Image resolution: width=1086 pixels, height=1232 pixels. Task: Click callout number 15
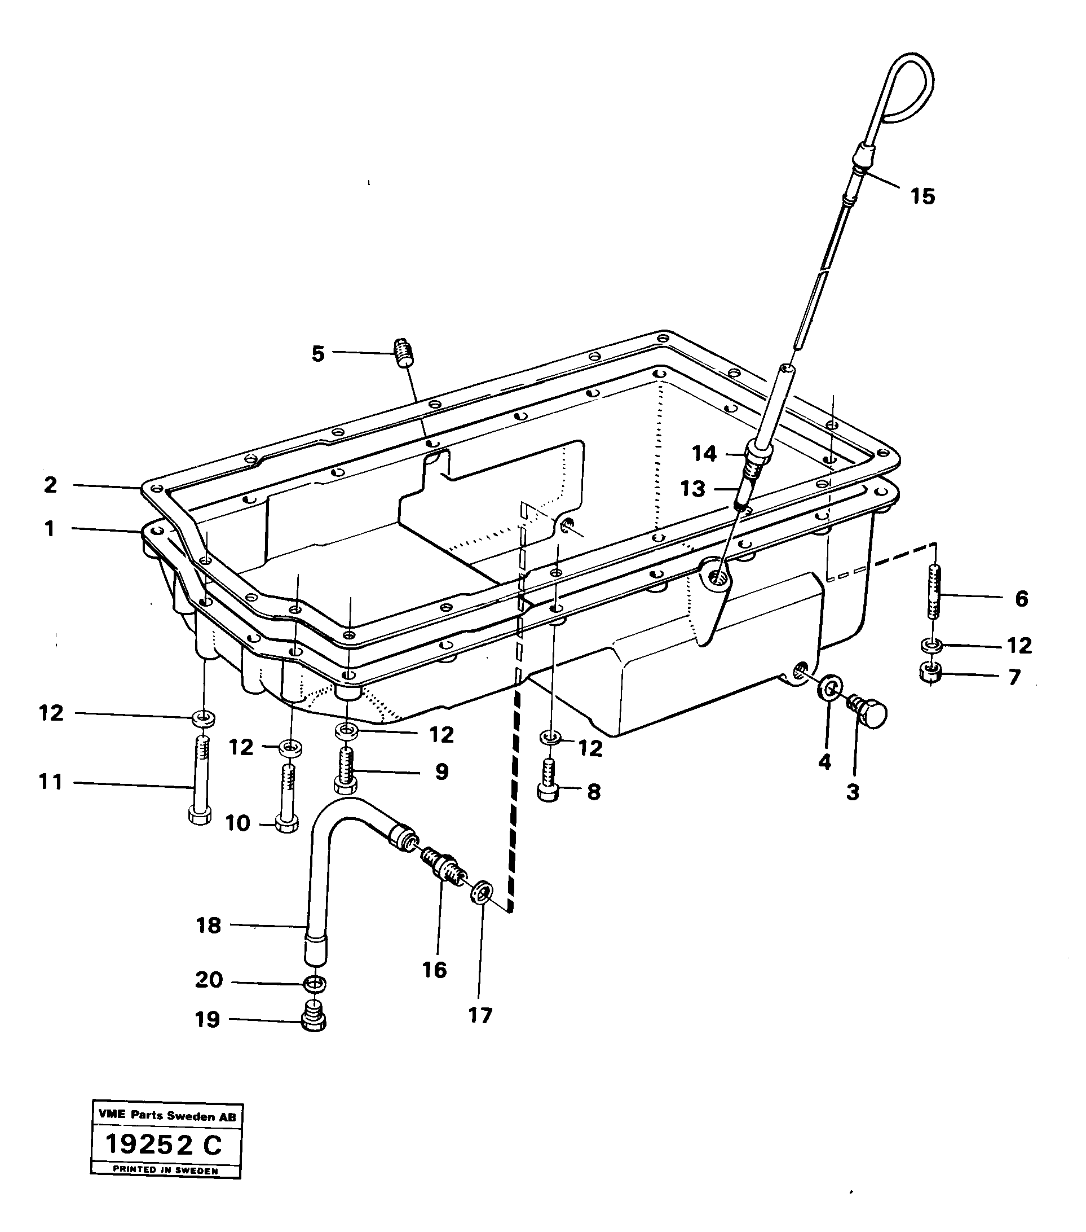pos(922,196)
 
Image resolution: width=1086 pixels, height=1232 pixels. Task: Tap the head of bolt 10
pos(286,823)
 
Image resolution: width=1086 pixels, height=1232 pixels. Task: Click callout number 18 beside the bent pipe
pos(209,925)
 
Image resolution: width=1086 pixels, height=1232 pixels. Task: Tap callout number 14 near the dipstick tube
pos(704,453)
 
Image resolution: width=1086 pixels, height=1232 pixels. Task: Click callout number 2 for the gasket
pos(51,485)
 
